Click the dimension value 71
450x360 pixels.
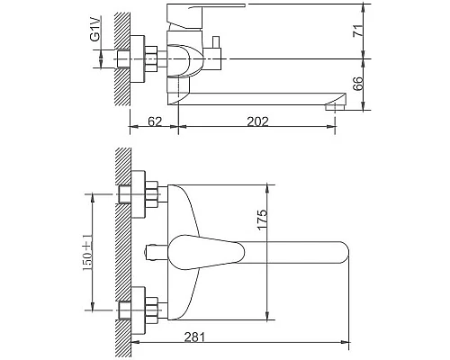[x=358, y=31]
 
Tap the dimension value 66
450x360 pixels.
[x=357, y=84]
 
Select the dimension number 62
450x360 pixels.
[x=155, y=121]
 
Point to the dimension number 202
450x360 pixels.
[x=257, y=121]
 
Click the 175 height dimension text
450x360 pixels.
[x=262, y=220]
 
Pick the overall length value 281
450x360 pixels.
[x=194, y=337]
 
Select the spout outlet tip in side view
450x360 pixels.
[x=336, y=107]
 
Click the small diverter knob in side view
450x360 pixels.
[x=216, y=42]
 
